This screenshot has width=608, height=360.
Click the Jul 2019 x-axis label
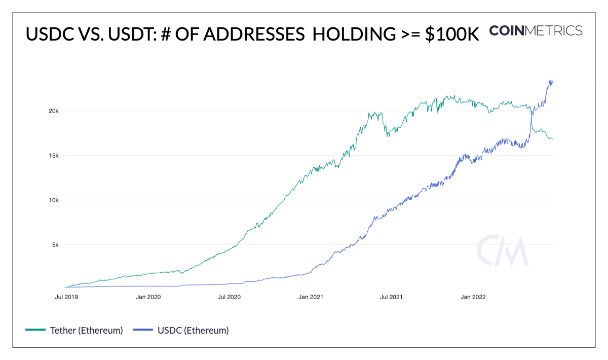click(x=66, y=297)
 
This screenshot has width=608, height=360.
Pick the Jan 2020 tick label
click(x=149, y=297)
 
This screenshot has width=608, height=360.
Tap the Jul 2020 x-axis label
click(x=229, y=297)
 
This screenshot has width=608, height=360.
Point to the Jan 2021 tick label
click(x=311, y=297)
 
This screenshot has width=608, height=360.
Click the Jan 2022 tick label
click(x=473, y=297)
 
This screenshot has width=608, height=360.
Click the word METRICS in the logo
click(x=554, y=30)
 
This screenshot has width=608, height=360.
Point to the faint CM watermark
click(x=503, y=251)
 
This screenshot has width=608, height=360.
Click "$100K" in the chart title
click(x=451, y=34)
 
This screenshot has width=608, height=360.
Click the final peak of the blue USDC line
click(x=553, y=77)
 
